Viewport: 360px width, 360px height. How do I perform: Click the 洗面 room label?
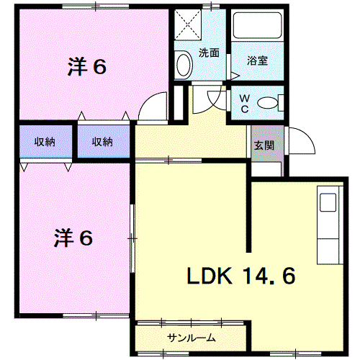[209, 53]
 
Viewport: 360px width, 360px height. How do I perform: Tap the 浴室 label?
[257, 60]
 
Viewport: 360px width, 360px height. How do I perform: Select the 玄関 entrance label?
[263, 145]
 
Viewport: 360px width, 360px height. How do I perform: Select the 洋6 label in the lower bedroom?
[73, 238]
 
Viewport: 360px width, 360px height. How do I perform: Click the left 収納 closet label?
[45, 142]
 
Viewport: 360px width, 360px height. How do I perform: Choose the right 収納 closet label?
[102, 142]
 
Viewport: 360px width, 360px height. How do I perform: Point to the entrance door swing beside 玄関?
[301, 140]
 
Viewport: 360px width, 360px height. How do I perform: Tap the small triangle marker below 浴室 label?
[235, 75]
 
